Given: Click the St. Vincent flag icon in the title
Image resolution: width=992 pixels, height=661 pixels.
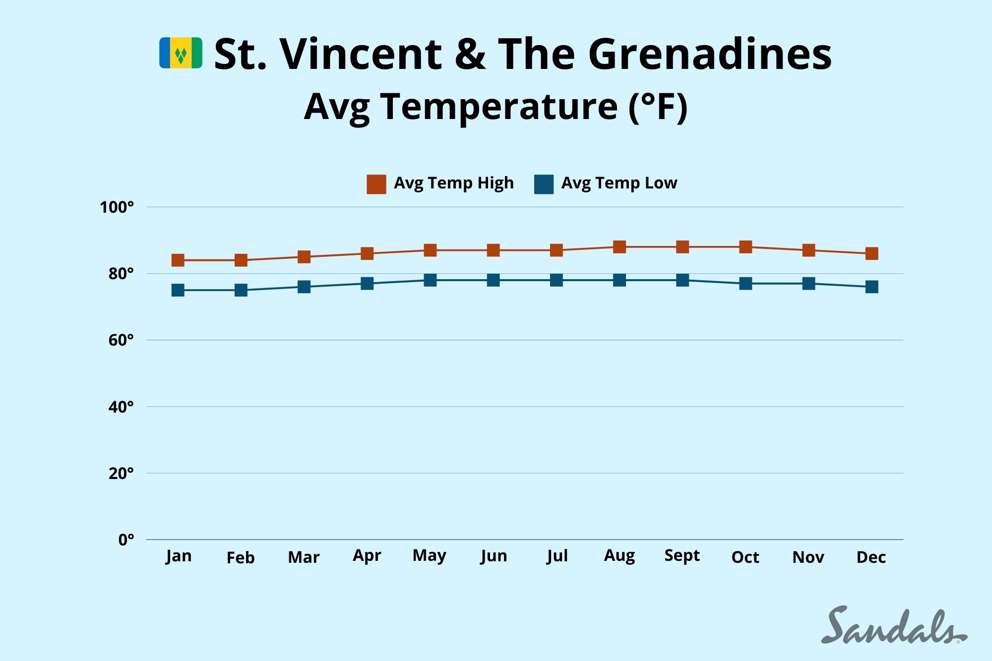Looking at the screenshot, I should coord(181,53).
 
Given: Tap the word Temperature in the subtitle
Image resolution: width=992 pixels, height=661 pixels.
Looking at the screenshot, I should coord(498,106).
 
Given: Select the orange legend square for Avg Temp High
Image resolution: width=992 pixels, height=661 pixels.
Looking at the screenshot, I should coord(376,184).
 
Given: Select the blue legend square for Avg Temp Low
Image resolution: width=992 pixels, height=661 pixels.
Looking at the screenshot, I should coord(544,184).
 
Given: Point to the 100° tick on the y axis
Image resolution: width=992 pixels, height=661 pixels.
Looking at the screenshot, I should coord(117,207).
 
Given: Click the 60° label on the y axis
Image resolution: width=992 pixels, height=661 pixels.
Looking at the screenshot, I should coord(122,340).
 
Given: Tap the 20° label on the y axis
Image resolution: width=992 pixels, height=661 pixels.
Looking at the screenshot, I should coord(122,473).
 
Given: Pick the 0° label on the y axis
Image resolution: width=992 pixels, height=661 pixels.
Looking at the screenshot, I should coord(126,540).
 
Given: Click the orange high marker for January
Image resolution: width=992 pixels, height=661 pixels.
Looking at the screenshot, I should coord(178,260).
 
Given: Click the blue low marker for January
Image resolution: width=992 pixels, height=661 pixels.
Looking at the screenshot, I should coord(178,290).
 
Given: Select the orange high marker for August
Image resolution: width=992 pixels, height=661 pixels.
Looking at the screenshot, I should coord(620,246).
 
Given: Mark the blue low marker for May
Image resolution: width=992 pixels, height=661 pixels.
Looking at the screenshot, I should coord(430,280).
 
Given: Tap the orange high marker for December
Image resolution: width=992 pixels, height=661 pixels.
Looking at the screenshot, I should coord(871,253).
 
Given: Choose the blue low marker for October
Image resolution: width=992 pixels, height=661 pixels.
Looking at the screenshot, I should coord(745,283).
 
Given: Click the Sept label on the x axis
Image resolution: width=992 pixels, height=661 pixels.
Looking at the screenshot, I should coord(682,555).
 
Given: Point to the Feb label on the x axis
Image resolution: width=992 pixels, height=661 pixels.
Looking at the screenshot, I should coord(241,557).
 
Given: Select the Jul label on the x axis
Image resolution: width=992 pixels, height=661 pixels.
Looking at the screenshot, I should coord(557,555).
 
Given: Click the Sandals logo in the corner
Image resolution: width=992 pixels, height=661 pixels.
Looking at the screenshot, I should coord(893,626).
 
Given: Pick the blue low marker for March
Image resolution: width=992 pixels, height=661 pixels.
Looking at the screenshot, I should coord(304,287).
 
